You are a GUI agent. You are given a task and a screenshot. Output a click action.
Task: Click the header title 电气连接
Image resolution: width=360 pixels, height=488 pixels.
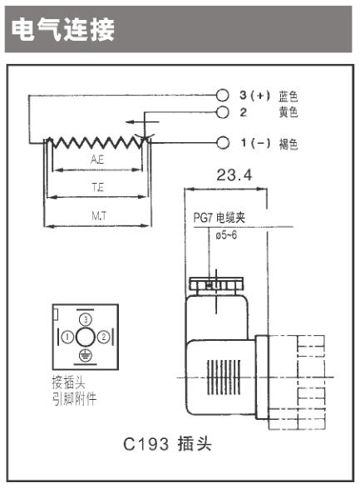pyautogui.click(x=63, y=30)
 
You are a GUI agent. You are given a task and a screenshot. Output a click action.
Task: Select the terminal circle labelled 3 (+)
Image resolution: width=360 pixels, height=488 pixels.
pyautogui.click(x=223, y=96)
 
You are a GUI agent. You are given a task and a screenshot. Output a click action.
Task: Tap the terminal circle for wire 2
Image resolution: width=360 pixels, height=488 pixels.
pyautogui.click(x=223, y=112)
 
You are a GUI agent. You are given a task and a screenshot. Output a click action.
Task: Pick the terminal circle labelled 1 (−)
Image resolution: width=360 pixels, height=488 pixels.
pyautogui.click(x=223, y=143)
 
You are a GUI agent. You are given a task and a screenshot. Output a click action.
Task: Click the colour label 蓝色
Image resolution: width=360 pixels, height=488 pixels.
pyautogui.click(x=288, y=96)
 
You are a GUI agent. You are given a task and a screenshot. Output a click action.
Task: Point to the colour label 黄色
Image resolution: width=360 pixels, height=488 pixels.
pyautogui.click(x=288, y=112)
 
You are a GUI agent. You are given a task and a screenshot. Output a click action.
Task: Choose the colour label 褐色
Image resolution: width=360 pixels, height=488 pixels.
pyautogui.click(x=288, y=144)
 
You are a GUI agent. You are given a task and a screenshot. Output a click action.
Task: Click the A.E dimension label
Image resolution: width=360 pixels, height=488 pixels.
pyautogui.click(x=97, y=160)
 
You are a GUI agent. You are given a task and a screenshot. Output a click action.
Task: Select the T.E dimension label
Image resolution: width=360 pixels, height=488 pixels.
pyautogui.click(x=98, y=187)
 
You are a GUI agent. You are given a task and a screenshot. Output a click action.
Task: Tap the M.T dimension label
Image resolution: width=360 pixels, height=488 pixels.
pyautogui.click(x=99, y=215)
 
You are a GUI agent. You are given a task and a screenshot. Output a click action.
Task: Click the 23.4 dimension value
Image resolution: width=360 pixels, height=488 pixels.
pyautogui.click(x=234, y=175)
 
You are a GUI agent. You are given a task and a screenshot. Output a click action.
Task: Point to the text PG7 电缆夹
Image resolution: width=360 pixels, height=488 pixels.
pyautogui.click(x=219, y=218)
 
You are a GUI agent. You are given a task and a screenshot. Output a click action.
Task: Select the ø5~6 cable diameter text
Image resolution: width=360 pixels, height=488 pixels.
pyautogui.click(x=226, y=235)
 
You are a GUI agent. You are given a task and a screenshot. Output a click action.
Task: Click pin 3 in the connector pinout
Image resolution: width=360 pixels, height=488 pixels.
pyautogui.click(x=86, y=319)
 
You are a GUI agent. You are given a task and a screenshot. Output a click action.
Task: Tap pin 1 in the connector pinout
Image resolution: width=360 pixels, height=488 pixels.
pyautogui.click(x=67, y=337)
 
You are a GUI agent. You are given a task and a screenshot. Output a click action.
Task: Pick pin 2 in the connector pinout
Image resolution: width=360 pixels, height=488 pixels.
pyautogui.click(x=104, y=337)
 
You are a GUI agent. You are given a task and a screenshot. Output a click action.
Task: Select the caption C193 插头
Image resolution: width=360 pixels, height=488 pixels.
pyautogui.click(x=167, y=444)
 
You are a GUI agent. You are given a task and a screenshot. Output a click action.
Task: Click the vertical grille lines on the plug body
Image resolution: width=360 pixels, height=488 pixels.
pyautogui.click(x=224, y=377)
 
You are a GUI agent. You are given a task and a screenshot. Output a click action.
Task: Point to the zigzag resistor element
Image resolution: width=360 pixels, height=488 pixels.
pyautogui.click(x=97, y=142)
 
